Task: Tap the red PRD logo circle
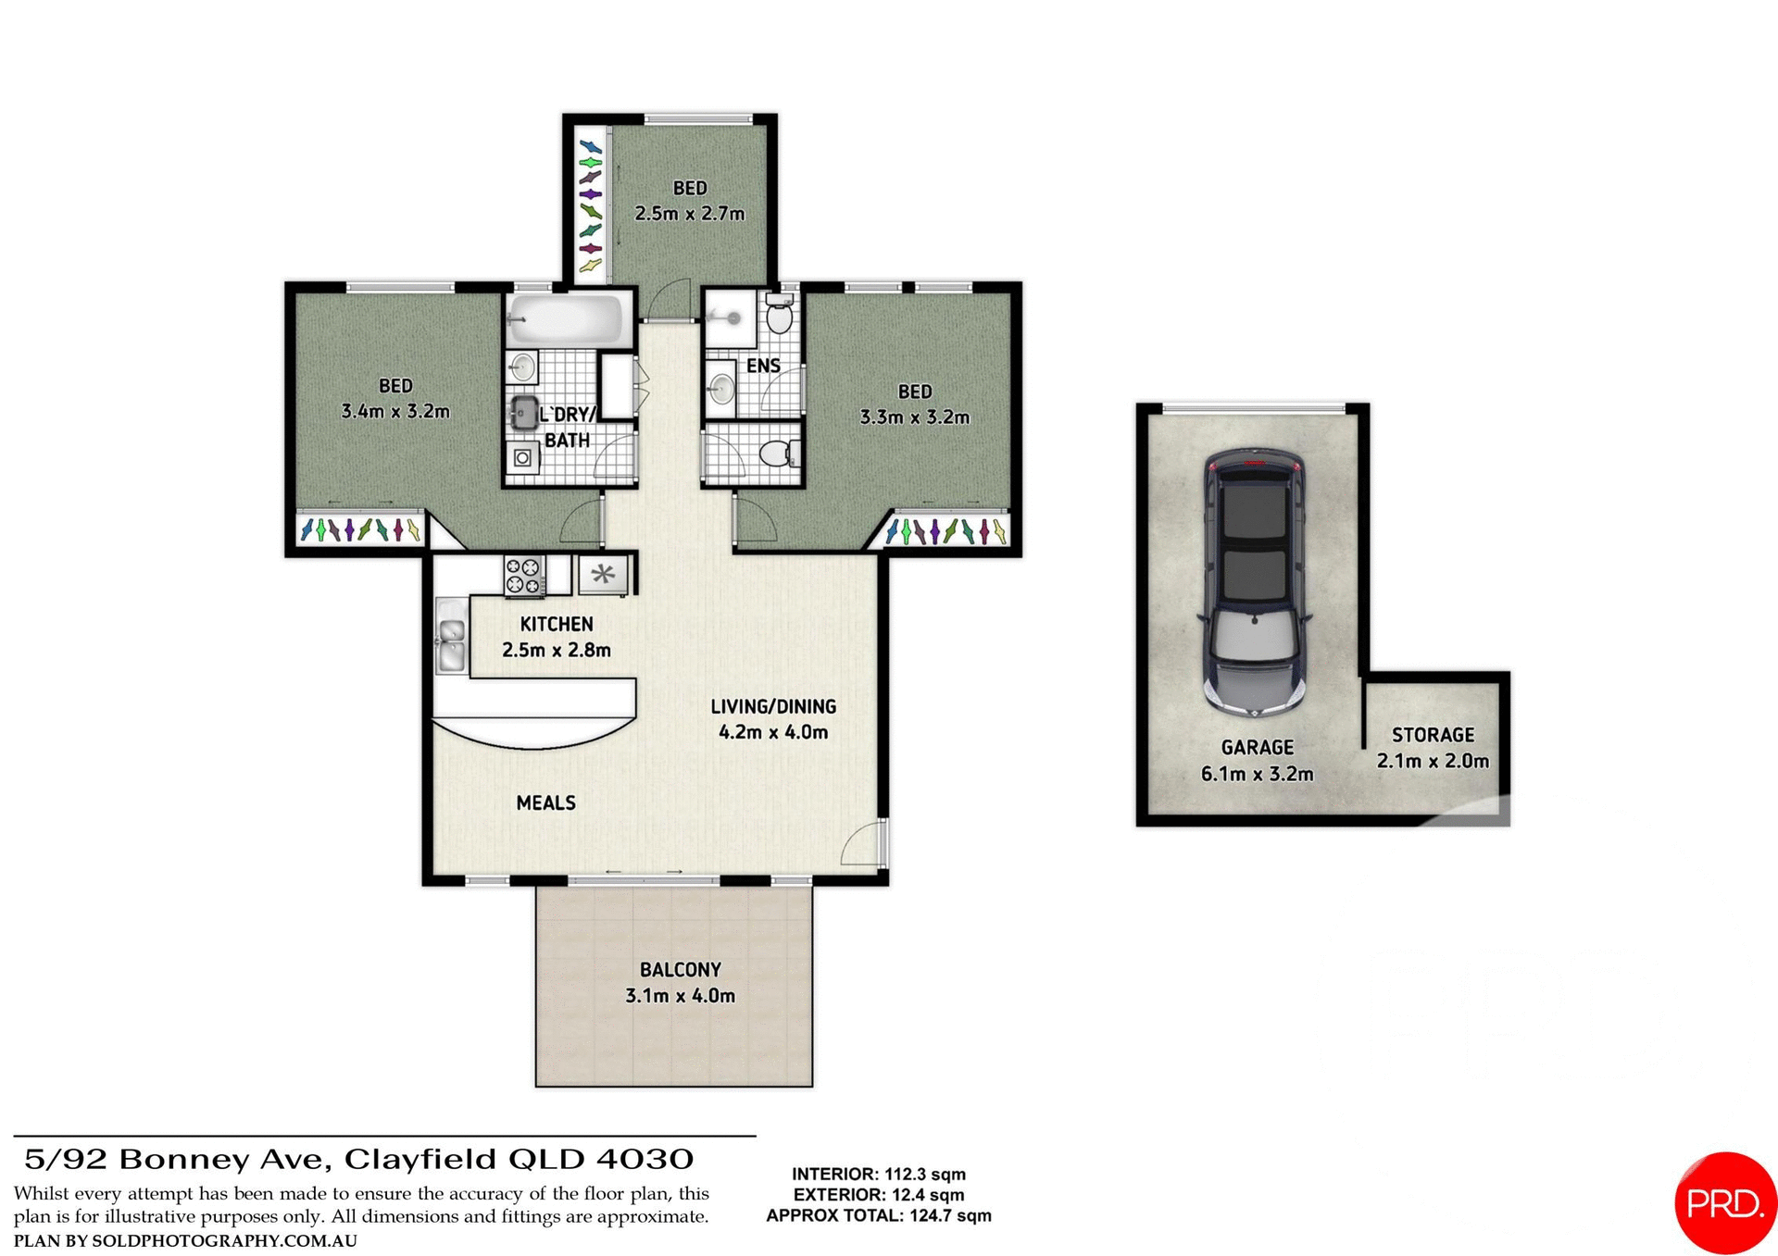pos(1724,1202)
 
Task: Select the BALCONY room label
pos(680,969)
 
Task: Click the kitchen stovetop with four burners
pos(523,575)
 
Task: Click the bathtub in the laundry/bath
pos(566,318)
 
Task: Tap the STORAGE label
pos(1433,735)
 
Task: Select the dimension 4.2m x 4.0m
pos(773,732)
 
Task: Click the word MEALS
pos(545,802)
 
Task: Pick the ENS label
pos(763,366)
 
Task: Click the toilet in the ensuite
pos(780,316)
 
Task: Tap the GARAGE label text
pos(1257,747)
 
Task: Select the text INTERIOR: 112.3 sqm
pos(878,1174)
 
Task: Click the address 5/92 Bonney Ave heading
pos(358,1159)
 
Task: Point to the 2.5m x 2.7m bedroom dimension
pos(689,214)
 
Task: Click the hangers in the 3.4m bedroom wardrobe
pos(360,529)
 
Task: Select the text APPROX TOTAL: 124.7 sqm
pos(878,1215)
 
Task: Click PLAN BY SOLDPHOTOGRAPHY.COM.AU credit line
pos(185,1240)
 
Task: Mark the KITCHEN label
pos(556,624)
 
